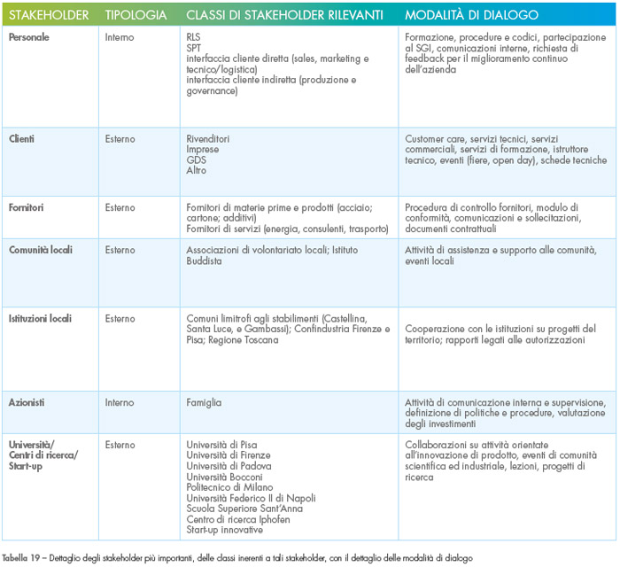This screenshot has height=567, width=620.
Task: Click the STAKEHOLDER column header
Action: click(49, 15)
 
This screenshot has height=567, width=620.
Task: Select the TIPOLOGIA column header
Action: click(136, 15)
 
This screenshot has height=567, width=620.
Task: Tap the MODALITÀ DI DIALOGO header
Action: click(471, 15)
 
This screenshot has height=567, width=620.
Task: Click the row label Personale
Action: click(29, 37)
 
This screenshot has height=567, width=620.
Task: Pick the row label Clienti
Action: click(21, 139)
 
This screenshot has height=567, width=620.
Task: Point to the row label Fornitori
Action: click(26, 207)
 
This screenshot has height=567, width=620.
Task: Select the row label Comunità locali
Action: click(41, 250)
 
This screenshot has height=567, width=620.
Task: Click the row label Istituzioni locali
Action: click(40, 318)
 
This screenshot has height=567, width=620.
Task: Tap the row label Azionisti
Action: click(27, 402)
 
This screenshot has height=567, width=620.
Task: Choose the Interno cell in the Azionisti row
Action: click(120, 402)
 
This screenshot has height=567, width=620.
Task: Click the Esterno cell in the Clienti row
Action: click(120, 139)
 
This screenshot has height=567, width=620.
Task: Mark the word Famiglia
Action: click(204, 402)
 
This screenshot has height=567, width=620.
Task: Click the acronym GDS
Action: click(196, 159)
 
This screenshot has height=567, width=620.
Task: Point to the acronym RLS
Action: click(193, 37)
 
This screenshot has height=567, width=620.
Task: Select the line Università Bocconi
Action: click(224, 477)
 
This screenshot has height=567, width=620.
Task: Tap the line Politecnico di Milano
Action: click(229, 487)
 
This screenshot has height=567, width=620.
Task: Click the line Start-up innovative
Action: click(225, 530)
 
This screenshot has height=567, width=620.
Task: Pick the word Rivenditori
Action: click(207, 139)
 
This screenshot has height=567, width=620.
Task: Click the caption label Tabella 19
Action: click(20, 558)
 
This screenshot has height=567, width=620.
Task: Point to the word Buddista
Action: click(204, 261)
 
